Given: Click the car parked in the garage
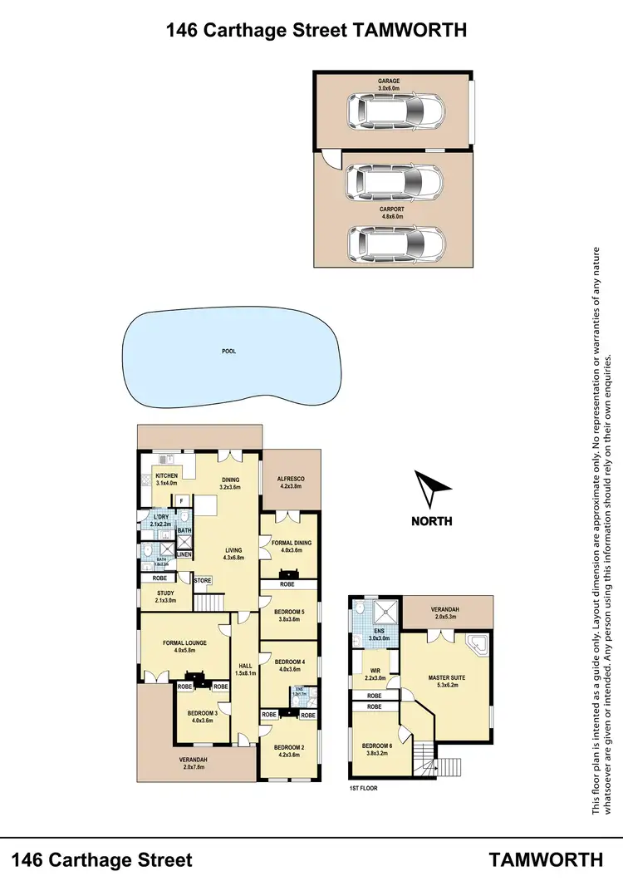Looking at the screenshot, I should (395, 109).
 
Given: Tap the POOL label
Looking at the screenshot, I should (228, 352).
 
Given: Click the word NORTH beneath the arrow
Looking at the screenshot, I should (432, 521).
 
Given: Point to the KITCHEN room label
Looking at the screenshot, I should (166, 476).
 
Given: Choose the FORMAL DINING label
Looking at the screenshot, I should (289, 543).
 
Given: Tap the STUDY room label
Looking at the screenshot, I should (165, 593).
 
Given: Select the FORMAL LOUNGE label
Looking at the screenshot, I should (184, 642).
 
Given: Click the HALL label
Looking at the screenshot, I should (244, 666).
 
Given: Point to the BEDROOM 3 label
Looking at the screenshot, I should (202, 713).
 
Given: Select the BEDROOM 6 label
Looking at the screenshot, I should (379, 746).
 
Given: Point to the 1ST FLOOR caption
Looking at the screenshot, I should (362, 787).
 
